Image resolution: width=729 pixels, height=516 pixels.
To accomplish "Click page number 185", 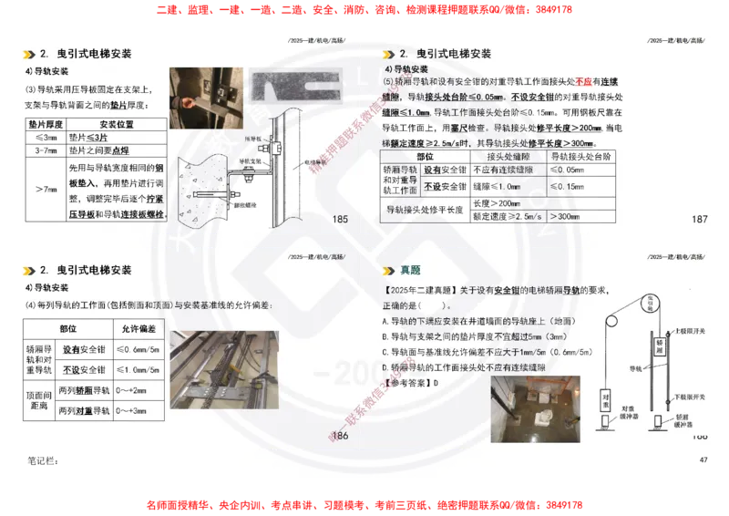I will click(341, 220).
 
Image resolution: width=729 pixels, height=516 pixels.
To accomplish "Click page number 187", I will click(700, 220).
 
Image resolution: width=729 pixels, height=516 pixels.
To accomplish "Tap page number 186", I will click(341, 436).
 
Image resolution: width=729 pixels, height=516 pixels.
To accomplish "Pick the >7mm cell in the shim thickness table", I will click(46, 189).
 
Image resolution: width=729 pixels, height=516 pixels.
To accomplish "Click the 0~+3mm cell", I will click(139, 411).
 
